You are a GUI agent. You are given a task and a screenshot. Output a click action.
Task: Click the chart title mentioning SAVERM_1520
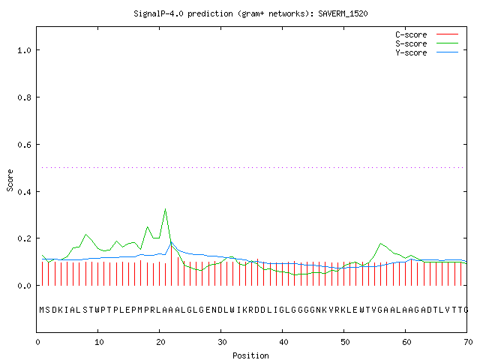(250, 13)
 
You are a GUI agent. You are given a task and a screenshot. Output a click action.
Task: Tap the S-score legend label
(411, 43)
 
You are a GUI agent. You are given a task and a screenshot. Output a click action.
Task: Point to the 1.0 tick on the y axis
(25, 50)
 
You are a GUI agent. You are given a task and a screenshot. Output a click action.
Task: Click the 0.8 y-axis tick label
(25, 97)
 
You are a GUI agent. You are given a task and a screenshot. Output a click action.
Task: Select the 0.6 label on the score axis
(25, 145)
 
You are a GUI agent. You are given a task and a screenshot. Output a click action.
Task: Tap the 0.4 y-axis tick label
(25, 192)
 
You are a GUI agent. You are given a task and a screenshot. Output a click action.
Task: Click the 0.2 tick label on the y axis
(25, 238)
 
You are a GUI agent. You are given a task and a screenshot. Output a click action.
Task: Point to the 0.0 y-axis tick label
(25, 286)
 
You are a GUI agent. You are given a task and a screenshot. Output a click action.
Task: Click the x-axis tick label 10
(99, 342)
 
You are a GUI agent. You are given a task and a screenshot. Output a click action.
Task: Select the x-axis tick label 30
(222, 342)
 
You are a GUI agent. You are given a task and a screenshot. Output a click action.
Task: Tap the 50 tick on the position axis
(345, 342)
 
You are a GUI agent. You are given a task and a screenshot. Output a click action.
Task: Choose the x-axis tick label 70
(468, 342)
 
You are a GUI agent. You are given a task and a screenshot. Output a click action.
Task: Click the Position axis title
(250, 355)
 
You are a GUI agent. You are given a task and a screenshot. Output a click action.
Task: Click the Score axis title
(10, 180)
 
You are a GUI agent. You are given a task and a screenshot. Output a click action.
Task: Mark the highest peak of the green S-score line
(165, 208)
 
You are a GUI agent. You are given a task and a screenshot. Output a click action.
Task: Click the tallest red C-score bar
(172, 265)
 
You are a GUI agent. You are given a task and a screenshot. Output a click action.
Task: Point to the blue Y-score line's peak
(172, 242)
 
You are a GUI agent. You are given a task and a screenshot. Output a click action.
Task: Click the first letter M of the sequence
(42, 310)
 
